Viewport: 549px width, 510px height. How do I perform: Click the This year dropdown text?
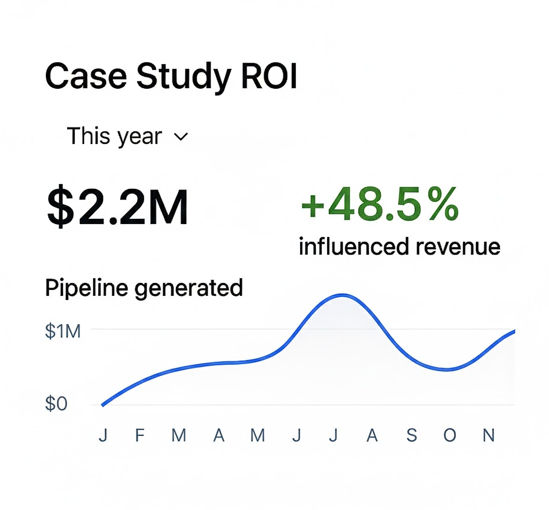point(114,136)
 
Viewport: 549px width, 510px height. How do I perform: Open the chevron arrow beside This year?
point(181,137)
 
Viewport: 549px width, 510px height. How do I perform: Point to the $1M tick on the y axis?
point(62,331)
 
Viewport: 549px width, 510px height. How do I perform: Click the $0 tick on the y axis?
point(56,405)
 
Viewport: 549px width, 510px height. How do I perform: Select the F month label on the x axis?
point(139,435)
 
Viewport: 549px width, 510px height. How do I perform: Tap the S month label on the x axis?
point(411,435)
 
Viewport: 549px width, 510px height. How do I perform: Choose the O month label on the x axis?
point(450,435)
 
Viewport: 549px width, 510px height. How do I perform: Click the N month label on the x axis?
point(488,435)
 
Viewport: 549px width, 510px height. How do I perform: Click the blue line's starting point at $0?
point(102,405)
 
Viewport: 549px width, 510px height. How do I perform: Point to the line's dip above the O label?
point(448,369)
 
